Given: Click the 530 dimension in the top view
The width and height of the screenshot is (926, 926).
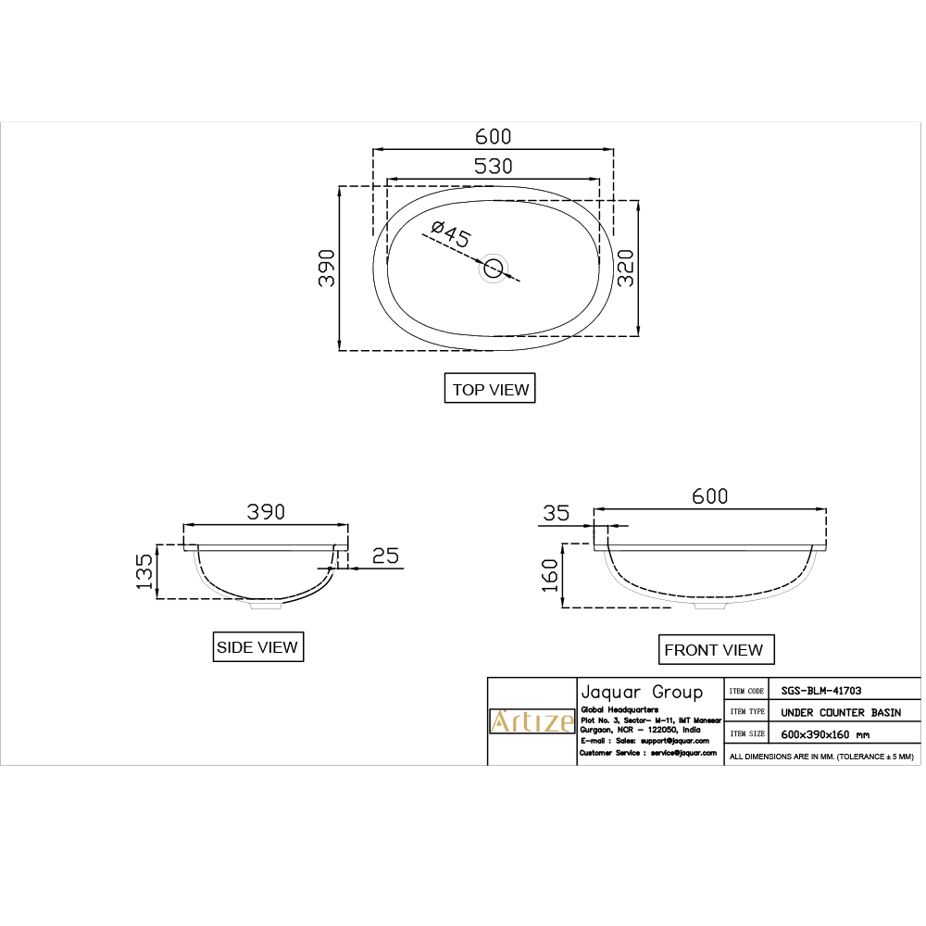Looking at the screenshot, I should [x=493, y=167].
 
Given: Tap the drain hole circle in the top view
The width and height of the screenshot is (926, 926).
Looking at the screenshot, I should [x=494, y=269].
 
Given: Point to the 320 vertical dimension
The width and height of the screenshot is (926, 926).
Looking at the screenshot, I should [x=627, y=268].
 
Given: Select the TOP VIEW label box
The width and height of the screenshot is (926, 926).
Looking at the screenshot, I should [x=490, y=390].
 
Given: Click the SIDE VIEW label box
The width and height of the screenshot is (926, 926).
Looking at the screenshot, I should [x=257, y=647].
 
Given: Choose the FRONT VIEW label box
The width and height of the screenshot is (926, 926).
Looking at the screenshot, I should [x=713, y=650].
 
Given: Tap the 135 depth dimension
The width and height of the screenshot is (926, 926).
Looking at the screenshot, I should [x=144, y=571].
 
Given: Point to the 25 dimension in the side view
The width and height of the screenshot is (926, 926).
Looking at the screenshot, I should [x=385, y=556].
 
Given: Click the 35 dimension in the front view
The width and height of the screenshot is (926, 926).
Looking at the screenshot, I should [x=556, y=514].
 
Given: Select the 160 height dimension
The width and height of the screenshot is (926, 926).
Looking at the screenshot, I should [x=550, y=575].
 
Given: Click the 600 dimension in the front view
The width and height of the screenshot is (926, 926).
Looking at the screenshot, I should [x=710, y=496].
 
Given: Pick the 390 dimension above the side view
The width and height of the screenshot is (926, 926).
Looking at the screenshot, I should [x=266, y=511].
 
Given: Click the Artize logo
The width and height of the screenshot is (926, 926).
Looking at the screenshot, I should [x=532, y=721].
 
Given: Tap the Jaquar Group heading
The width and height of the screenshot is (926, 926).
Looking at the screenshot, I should [x=641, y=692].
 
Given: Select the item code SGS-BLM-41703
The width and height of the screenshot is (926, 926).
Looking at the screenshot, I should [x=821, y=690].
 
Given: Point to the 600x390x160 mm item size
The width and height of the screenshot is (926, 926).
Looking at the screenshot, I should [x=825, y=734].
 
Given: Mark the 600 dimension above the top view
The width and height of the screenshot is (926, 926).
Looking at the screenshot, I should [x=493, y=136].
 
